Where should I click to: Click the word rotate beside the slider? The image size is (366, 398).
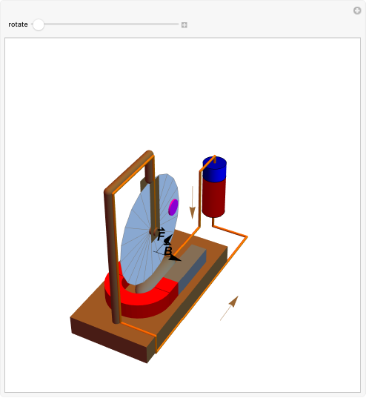[18, 24]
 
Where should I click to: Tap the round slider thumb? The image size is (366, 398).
[39, 24]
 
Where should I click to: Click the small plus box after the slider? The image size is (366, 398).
[184, 24]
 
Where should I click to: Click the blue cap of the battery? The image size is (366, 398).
[214, 170]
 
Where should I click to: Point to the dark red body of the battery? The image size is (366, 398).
[214, 197]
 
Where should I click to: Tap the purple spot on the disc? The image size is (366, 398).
[173, 207]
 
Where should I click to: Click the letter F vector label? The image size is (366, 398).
[162, 233]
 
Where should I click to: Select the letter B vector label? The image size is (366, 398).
[168, 251]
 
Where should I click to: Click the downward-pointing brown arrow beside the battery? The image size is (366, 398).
[193, 202]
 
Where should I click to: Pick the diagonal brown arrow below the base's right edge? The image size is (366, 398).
[229, 308]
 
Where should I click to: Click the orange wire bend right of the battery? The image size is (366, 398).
[245, 237]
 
